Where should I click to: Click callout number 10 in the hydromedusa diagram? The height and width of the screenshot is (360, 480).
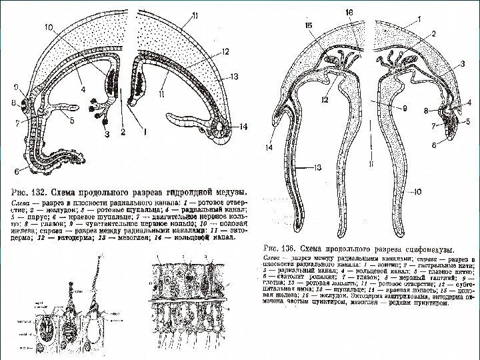pos(50,27)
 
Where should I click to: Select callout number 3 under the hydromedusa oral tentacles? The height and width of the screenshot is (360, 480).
pos(101,134)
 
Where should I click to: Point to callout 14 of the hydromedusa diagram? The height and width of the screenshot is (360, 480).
pos(243,127)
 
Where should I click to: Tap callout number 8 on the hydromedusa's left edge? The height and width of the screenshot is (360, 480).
pos(13,104)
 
